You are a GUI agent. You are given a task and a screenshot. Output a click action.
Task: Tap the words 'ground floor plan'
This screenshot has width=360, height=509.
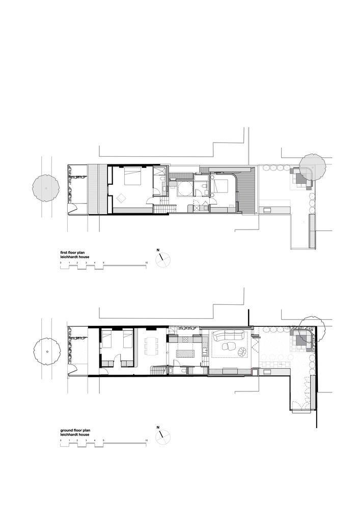pos(73,430)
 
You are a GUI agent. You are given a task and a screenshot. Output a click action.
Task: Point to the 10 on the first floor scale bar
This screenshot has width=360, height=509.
pos(147,262)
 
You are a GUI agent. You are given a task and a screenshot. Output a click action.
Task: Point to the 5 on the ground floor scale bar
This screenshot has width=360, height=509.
pos(103,440)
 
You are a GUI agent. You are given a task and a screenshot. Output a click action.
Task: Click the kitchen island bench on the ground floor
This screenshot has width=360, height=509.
pos(185,353)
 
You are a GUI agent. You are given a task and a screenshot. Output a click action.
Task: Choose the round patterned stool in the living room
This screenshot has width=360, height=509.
pos(242,352)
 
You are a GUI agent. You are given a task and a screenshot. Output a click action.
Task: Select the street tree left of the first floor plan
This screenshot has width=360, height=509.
pos(46,188)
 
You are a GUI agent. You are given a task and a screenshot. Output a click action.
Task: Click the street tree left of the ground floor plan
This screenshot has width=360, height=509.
pos(47,352)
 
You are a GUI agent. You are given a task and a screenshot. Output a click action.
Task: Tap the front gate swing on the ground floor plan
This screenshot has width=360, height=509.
pos(73,370)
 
